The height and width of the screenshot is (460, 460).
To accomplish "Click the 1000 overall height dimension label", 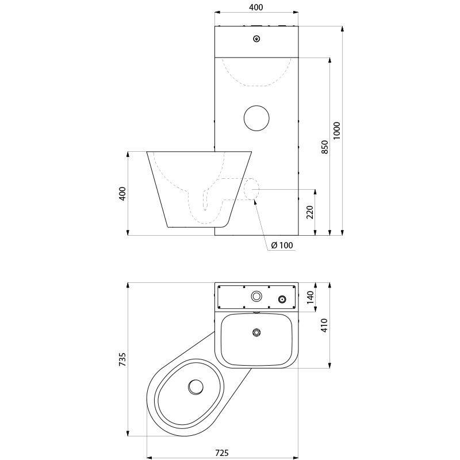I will [338, 131].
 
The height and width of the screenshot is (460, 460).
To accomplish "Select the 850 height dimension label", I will [325, 147].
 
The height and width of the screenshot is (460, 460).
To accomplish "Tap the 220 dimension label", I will [310, 213].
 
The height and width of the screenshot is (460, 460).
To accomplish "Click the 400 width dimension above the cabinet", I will [256, 7].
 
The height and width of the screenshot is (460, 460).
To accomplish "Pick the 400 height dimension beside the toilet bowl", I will [122, 194].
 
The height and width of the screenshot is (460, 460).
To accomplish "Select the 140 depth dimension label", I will [310, 297].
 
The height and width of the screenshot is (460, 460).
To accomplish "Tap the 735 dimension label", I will [122, 360].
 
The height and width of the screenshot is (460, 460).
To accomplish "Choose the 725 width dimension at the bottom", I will [222, 453].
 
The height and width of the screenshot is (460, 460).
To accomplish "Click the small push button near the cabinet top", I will [256, 39].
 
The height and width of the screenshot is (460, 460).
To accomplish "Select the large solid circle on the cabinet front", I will [256, 117].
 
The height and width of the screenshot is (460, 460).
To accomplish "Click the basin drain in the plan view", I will [256, 332].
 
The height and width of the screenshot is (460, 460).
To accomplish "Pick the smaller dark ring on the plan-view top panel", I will [282, 300].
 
